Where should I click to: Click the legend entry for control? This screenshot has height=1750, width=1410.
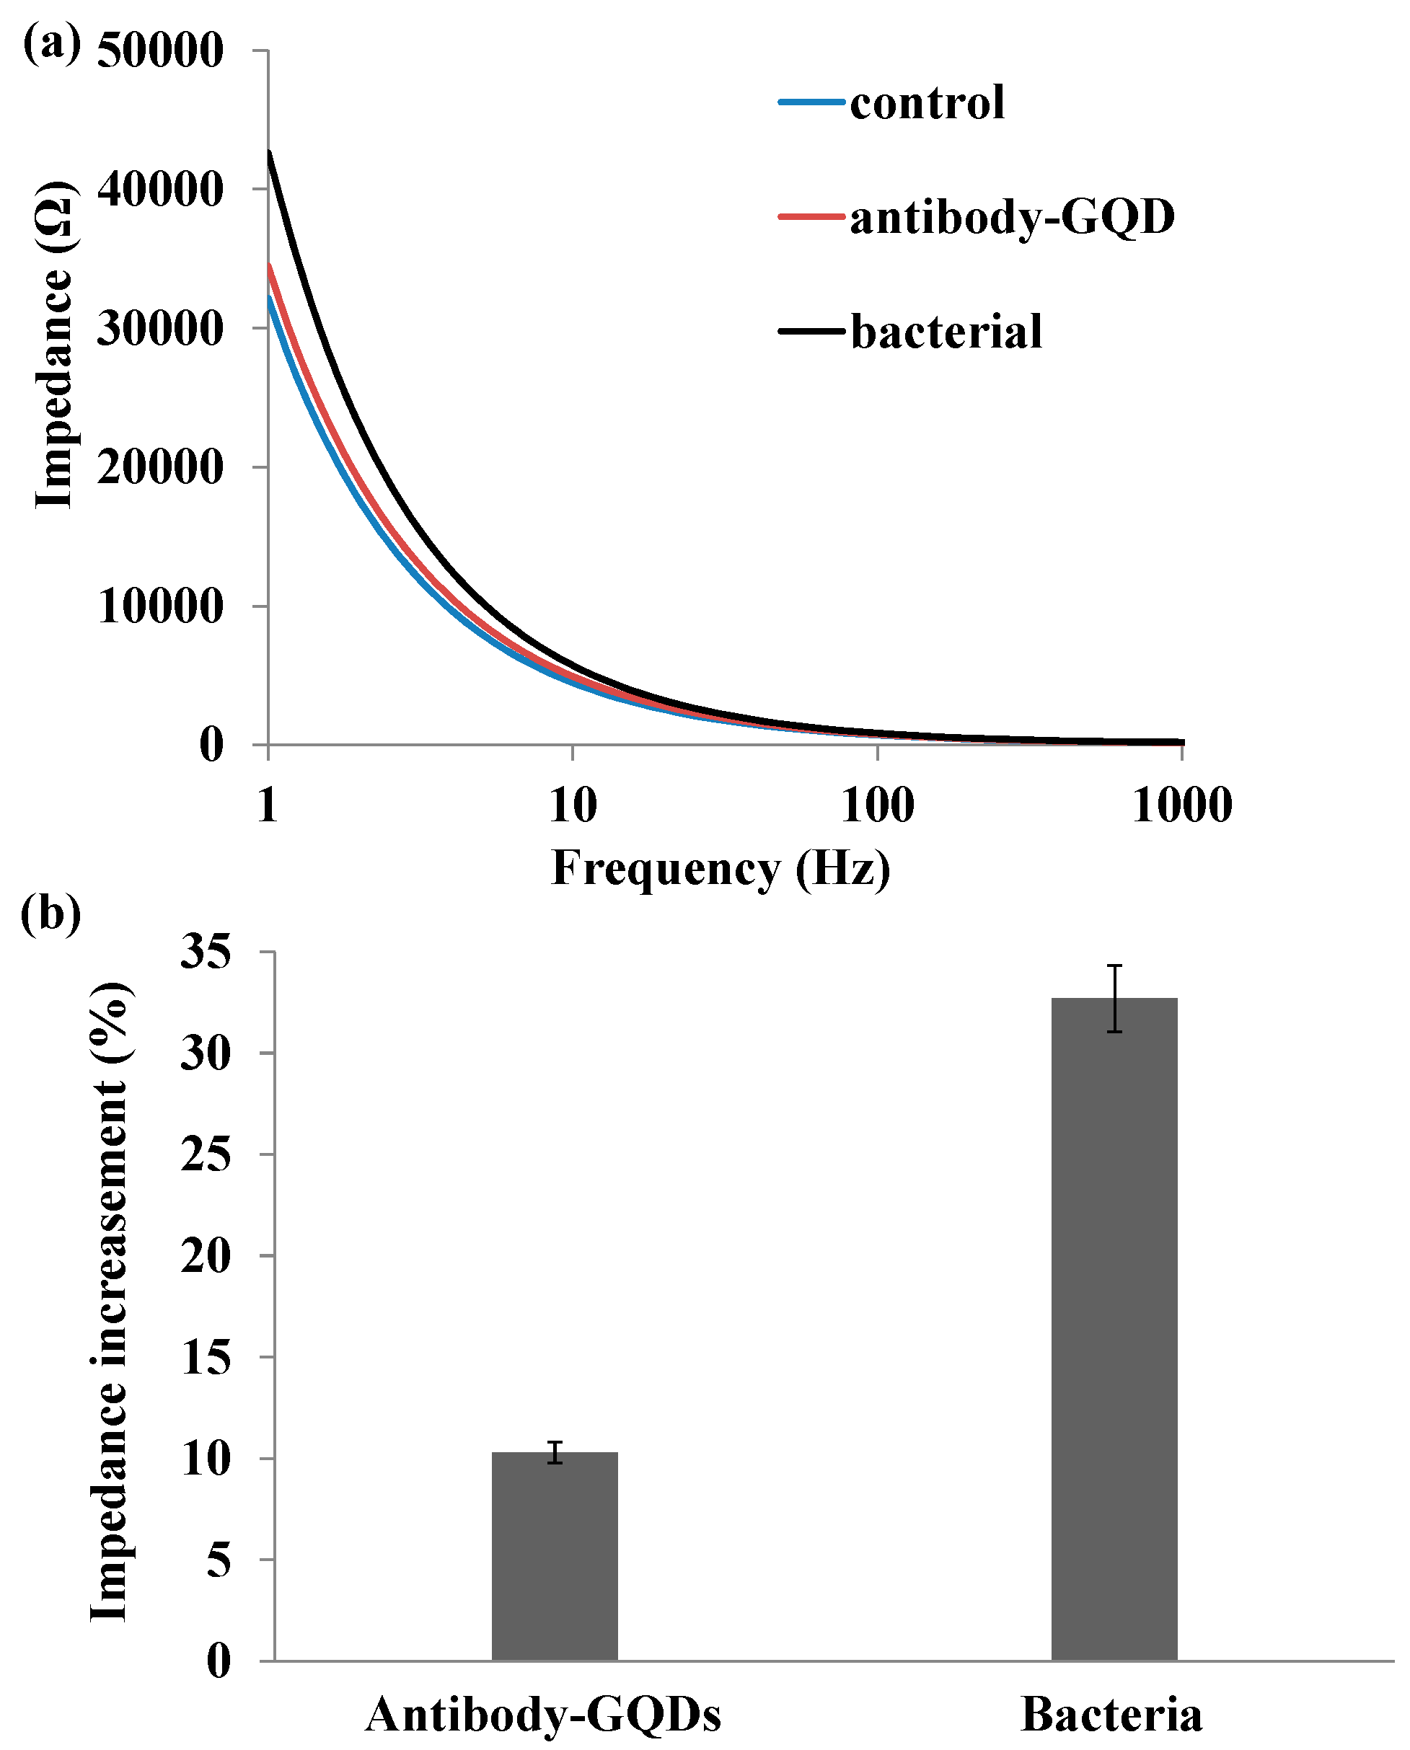926,103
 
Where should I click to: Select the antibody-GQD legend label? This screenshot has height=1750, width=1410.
1011,217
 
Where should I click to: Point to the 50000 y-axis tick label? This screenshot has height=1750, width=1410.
160,50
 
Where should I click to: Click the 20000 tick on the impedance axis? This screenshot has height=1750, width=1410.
160,468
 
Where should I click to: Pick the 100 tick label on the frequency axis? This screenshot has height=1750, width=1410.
876,806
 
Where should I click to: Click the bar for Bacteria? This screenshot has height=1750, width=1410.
1114,1332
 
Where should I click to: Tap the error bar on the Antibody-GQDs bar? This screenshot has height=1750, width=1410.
555,1452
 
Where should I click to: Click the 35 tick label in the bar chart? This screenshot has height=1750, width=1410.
206,952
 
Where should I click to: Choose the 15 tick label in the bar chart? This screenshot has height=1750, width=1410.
206,1357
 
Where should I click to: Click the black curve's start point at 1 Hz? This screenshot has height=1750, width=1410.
270,153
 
